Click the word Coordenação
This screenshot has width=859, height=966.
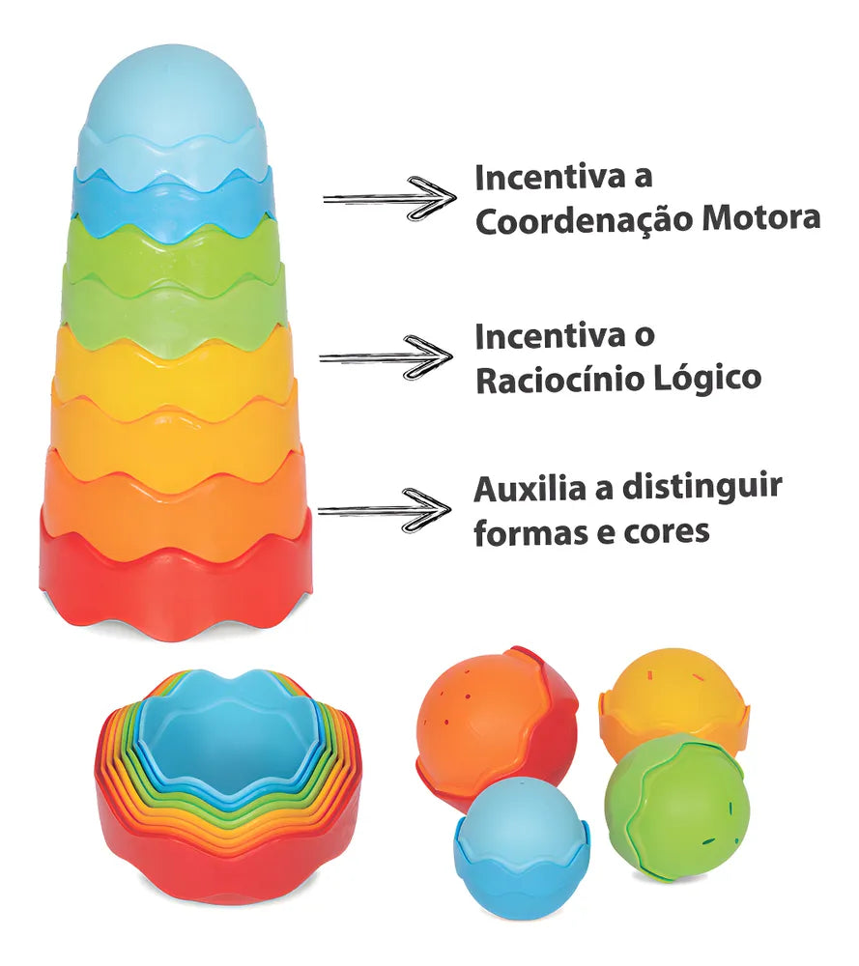point(585,220)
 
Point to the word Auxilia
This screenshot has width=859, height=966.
point(530,489)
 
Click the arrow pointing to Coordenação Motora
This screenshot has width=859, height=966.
point(388,198)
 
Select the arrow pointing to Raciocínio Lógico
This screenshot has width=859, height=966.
point(387,356)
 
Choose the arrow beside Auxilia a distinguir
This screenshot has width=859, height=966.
point(385,509)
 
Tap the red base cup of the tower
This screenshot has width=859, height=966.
point(175,594)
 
